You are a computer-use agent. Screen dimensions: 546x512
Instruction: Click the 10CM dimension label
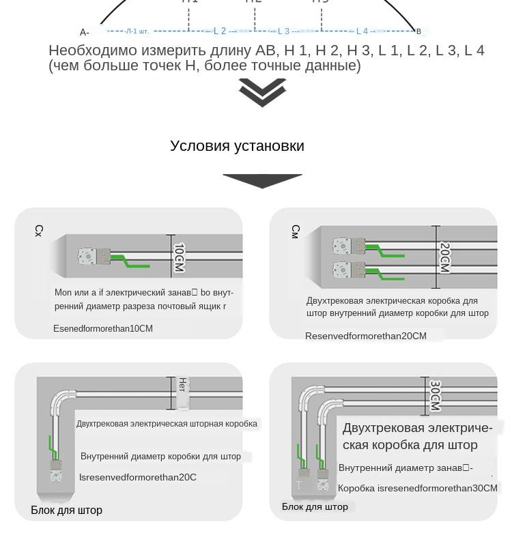179,257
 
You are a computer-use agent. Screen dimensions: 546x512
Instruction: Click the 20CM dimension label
444,257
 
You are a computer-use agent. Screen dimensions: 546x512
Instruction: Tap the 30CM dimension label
435,396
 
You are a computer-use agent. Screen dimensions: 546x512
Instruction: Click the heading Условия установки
237,146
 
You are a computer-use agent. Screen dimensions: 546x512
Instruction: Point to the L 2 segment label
220,31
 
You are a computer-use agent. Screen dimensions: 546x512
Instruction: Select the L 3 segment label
283,31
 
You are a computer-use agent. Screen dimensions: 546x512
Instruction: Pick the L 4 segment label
362,31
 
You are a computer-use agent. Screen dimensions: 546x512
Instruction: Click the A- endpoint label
85,32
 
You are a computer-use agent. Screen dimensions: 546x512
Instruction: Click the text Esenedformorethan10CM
103,328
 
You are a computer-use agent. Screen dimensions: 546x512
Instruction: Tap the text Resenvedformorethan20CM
365,336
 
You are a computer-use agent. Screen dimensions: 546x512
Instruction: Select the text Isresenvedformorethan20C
138,477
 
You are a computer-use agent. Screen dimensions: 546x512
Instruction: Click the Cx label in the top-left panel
39,231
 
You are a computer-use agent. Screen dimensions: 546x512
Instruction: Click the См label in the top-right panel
296,231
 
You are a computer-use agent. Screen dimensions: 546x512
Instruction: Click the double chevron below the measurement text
262,93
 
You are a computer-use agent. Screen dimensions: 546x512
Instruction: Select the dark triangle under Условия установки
262,180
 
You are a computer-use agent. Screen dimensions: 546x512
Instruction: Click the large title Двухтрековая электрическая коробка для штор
417,436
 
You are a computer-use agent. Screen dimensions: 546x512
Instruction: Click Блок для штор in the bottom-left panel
66,510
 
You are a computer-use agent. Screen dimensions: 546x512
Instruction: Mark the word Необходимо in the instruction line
93,51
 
